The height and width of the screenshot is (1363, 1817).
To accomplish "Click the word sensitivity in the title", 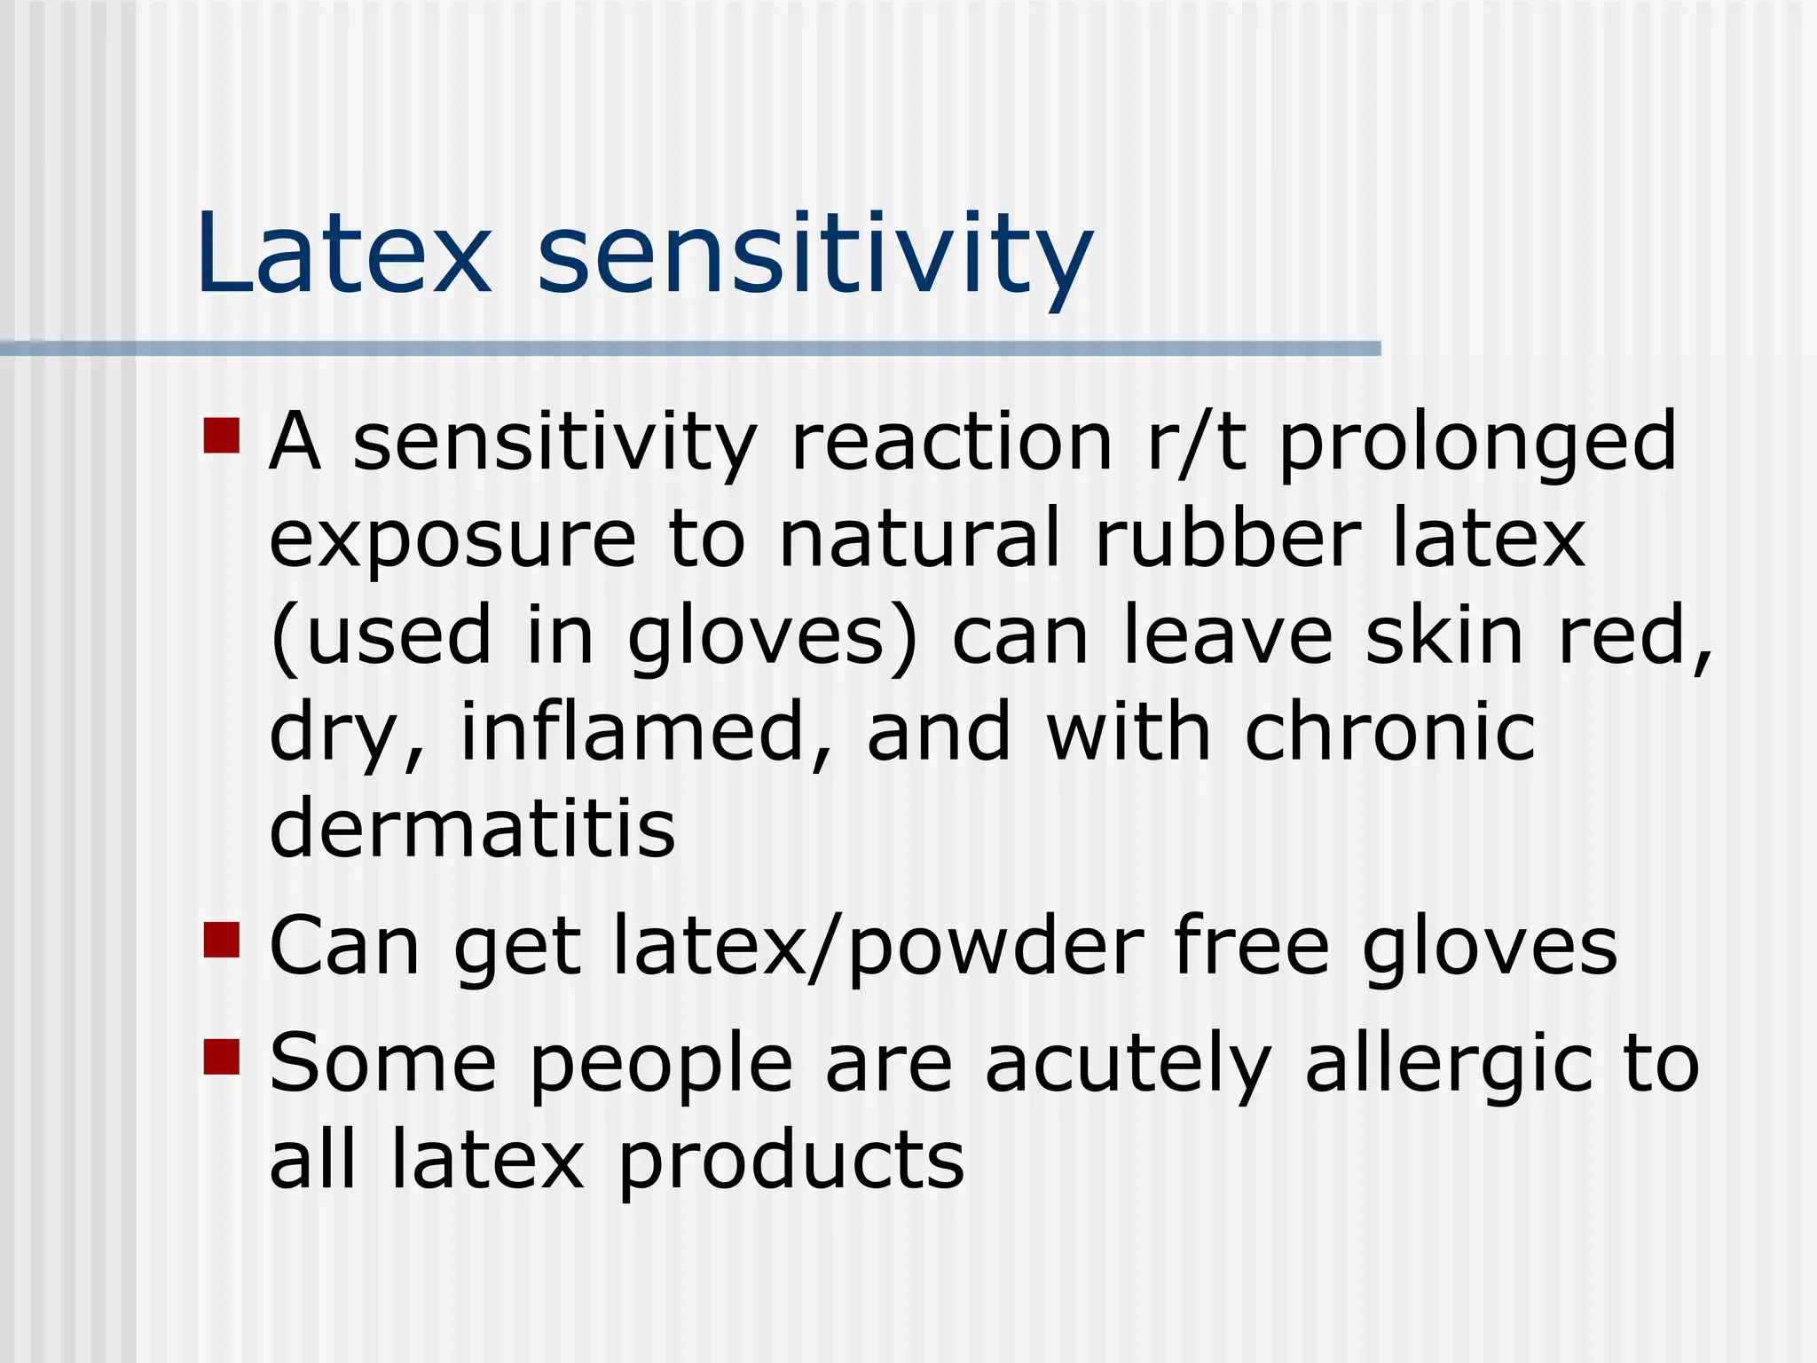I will (x=814, y=257).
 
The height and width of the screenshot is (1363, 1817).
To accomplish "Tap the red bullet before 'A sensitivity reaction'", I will (x=222, y=436).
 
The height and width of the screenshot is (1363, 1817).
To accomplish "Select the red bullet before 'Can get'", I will (x=222, y=941).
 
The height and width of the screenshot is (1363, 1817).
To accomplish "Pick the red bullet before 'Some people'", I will (x=222, y=1057).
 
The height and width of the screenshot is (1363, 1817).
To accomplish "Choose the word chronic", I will (x=1389, y=732).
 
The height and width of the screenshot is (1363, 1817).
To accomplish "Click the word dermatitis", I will (x=472, y=828).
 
